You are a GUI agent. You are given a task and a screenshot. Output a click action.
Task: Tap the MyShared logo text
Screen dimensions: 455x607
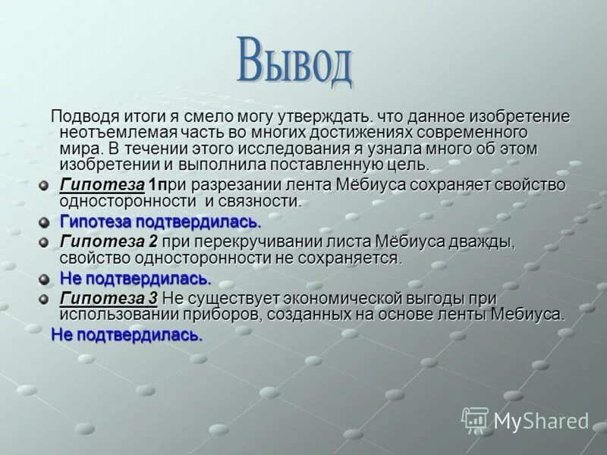pyautogui.click(x=541, y=421)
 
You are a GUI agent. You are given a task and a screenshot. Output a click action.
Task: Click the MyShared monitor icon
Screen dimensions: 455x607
pyautogui.click(x=475, y=419)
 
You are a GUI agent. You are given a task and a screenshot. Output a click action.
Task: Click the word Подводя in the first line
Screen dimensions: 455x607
pyautogui.click(x=82, y=117)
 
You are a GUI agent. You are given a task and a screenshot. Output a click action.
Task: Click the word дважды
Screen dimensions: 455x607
pyautogui.click(x=480, y=242)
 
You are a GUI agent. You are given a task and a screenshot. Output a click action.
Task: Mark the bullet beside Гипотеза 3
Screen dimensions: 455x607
pyautogui.click(x=45, y=299)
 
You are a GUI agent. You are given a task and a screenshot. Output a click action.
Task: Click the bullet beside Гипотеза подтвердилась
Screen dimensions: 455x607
pyautogui.click(x=45, y=222)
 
